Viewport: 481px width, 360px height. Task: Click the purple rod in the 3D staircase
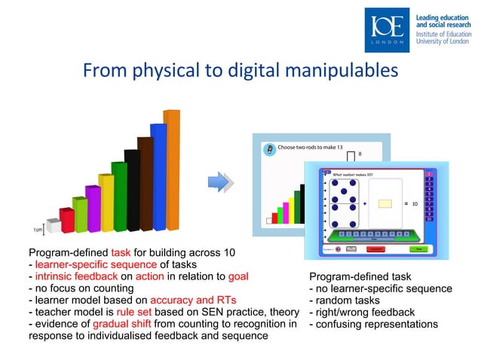93,207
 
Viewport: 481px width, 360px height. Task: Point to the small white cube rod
53,227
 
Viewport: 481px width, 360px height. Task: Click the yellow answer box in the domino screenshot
385,203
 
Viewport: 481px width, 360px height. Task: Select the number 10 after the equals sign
415,203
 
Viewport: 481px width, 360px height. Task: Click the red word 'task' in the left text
121,252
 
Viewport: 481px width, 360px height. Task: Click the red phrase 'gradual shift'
114,325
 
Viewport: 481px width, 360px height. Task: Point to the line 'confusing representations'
373,325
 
